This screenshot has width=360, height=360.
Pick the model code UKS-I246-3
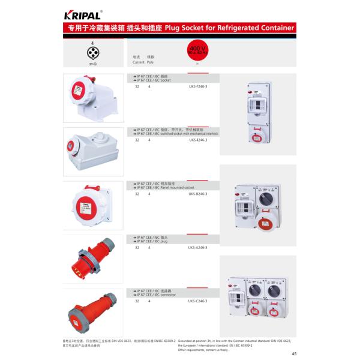click(x=197, y=140)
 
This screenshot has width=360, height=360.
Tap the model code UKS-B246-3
click(x=197, y=194)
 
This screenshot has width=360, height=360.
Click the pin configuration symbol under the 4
click(x=92, y=53)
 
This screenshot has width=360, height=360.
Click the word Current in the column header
click(x=139, y=62)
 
